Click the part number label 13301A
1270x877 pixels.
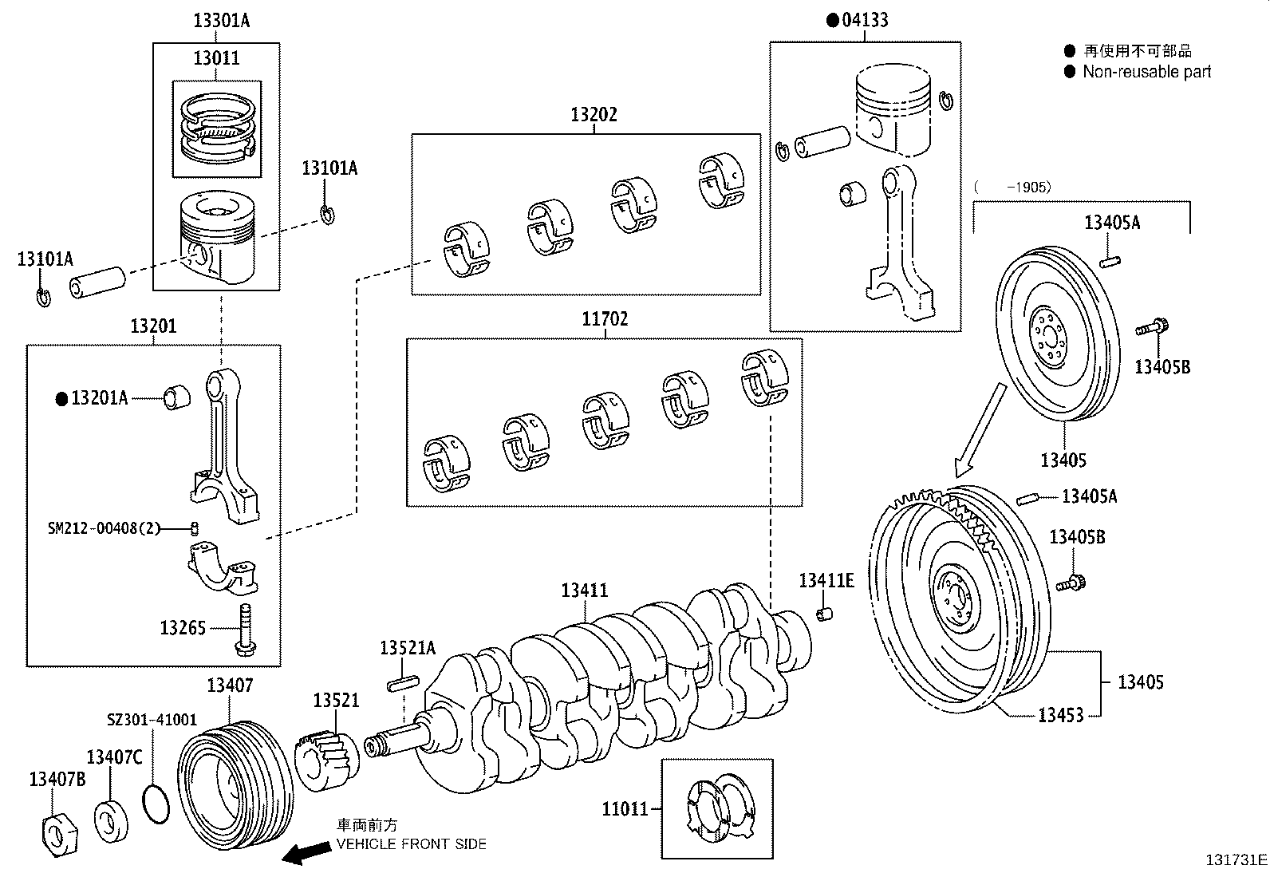[x=221, y=21]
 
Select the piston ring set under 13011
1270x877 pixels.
[x=216, y=128]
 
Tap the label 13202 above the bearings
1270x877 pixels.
[x=594, y=115]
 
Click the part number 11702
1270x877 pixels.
[x=604, y=319]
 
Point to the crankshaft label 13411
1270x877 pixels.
[x=584, y=591]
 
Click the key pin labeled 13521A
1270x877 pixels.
[x=402, y=684]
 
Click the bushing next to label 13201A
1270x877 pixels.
[x=177, y=397]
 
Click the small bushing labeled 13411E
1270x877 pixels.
[x=826, y=614]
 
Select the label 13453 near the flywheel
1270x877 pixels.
[x=1060, y=715]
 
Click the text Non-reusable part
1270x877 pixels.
[x=1146, y=72]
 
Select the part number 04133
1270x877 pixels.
[x=865, y=21]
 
